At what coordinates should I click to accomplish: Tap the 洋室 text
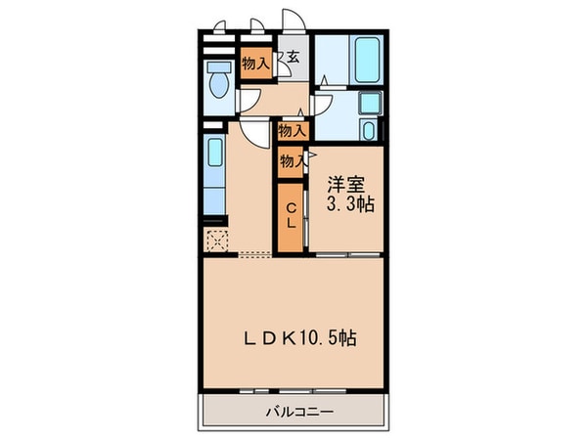[347, 183]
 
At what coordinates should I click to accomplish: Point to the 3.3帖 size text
[349, 205]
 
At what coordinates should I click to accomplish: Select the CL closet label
[292, 216]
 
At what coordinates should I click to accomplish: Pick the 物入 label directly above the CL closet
[291, 160]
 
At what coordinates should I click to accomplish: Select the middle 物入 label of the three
[291, 128]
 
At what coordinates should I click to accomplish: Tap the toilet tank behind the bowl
[217, 66]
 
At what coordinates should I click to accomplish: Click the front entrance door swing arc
[291, 22]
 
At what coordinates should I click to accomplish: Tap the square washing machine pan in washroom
[370, 106]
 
